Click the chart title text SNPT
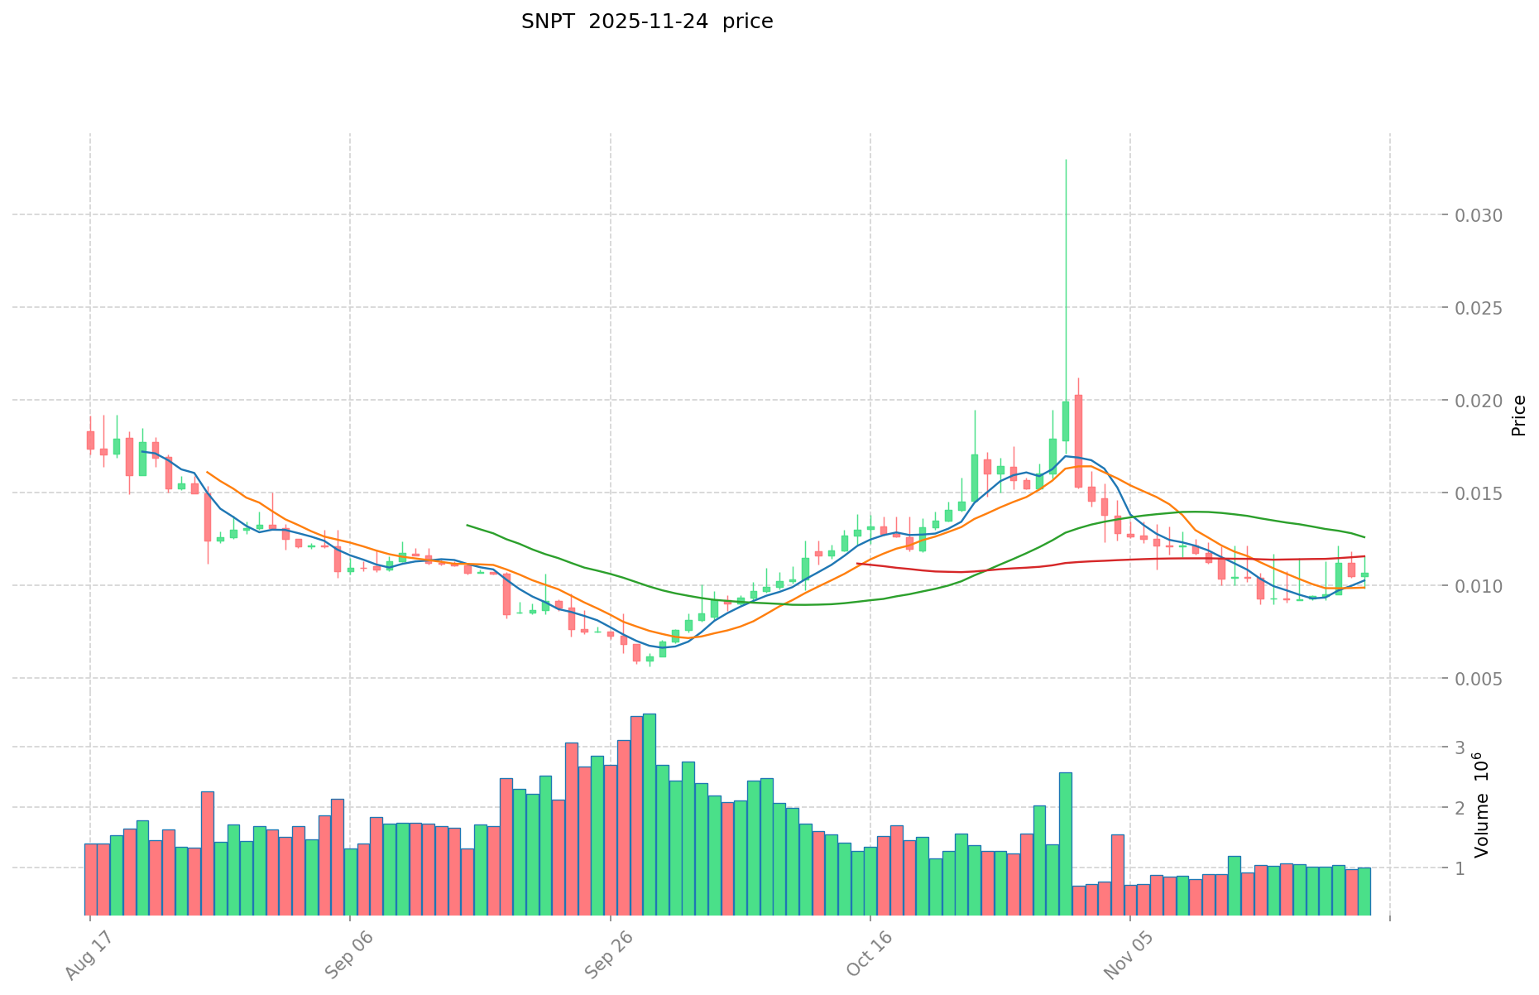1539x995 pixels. coord(546,22)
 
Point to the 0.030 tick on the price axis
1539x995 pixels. coord(1480,215)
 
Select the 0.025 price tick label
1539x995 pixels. coord(1480,308)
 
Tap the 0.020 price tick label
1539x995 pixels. coord(1480,401)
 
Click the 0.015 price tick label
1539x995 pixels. coord(1480,493)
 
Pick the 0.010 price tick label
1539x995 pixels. coord(1480,586)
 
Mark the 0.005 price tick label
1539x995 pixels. coord(1480,679)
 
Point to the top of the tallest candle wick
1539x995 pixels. coord(1066,160)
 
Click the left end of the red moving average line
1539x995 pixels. coord(857,563)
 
